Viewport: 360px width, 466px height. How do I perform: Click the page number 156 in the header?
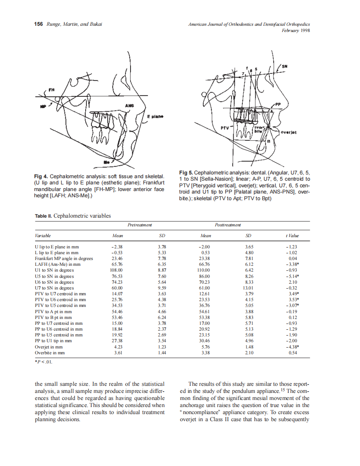pos(39,25)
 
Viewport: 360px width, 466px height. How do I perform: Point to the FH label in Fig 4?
pos(52,89)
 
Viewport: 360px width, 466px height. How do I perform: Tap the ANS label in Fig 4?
pos(129,106)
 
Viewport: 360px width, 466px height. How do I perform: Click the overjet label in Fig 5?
pos(288,132)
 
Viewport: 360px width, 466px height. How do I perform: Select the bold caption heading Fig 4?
pos(42,177)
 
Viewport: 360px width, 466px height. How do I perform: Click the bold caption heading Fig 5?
pos(186,172)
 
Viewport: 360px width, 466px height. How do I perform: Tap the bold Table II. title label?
pos(44,216)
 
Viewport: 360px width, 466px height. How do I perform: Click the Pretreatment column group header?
pos(140,225)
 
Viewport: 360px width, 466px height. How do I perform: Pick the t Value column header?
pos(292,235)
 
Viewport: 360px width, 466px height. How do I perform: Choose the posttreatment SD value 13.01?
pos(248,288)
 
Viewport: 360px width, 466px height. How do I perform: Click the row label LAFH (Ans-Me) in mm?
pos(57,265)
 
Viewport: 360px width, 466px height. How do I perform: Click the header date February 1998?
pos(296,30)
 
